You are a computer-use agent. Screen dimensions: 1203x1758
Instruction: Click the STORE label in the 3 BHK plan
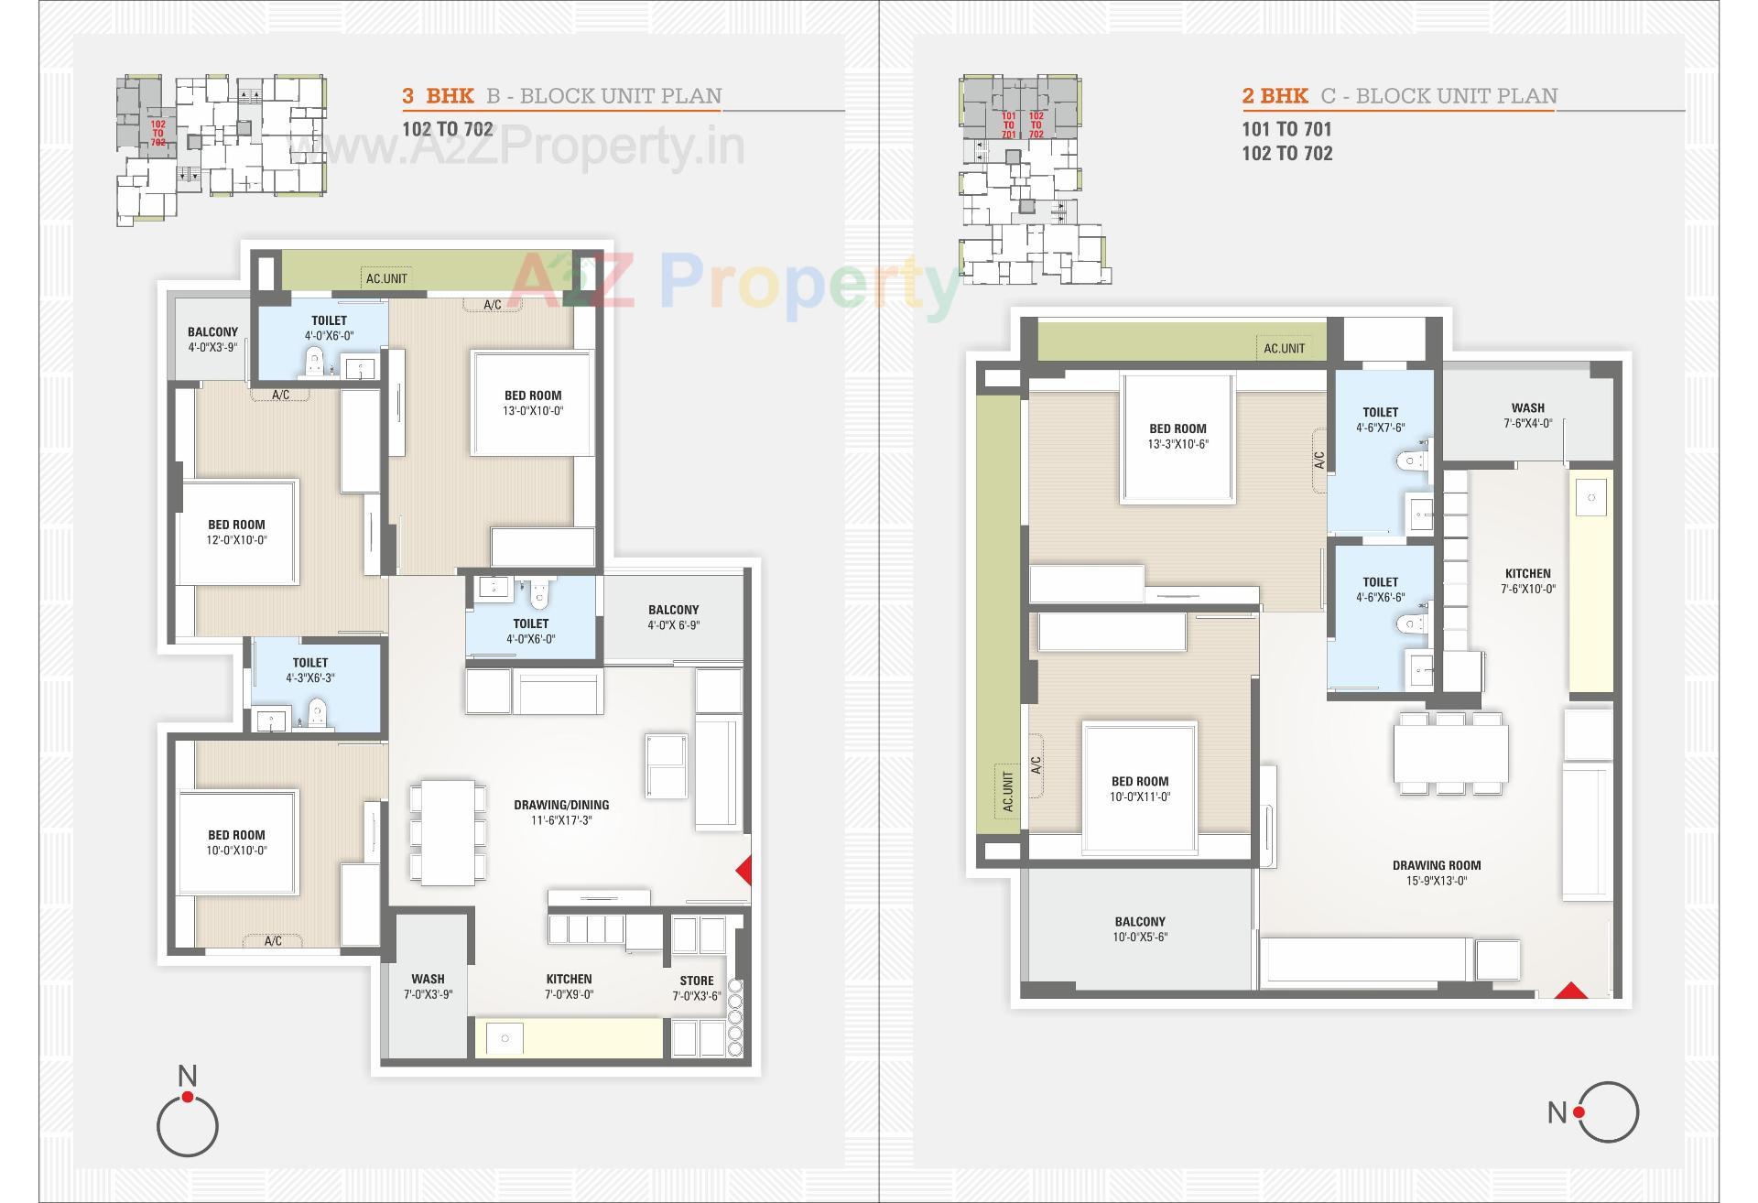click(696, 981)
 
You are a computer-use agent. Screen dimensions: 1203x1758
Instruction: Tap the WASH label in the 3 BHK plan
click(428, 979)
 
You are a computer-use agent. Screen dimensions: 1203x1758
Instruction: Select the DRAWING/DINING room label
click(561, 805)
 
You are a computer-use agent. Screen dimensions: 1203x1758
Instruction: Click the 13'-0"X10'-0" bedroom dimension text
click(533, 411)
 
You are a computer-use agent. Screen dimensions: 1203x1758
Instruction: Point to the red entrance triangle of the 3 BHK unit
click(744, 870)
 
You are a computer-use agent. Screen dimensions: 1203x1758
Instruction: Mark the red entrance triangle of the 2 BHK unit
click(1571, 991)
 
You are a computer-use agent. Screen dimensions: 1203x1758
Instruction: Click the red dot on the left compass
click(188, 1097)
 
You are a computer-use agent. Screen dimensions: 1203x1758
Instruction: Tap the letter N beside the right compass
click(1557, 1112)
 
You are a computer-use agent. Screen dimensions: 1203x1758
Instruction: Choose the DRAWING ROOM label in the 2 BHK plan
click(1436, 865)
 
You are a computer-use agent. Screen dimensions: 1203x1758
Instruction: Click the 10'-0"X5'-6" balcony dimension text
click(1140, 937)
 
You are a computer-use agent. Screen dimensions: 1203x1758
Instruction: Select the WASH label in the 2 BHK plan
click(1527, 407)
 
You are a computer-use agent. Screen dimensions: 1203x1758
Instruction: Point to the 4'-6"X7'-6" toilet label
click(1380, 428)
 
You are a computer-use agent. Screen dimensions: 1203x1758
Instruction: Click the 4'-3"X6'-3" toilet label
click(310, 678)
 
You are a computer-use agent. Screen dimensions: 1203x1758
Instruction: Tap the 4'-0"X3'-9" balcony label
click(212, 348)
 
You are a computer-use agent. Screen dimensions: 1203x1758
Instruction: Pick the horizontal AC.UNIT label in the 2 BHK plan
click(1284, 348)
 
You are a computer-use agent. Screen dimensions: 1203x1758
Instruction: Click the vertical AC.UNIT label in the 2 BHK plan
click(1007, 792)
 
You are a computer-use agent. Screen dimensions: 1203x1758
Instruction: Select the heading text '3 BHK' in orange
click(439, 96)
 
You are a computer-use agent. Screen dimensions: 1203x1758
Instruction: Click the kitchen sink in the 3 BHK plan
click(505, 1038)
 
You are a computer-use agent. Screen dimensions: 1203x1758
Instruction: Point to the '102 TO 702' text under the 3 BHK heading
click(448, 129)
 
